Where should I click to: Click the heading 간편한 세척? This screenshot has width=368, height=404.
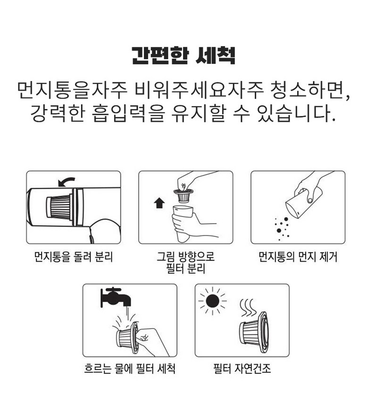point(184,55)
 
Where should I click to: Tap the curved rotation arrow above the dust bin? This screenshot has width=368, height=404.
point(66,181)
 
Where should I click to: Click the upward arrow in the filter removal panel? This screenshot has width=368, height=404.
point(159,203)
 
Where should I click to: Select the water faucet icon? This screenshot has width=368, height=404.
point(116,298)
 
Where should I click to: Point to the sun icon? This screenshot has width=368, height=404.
point(213,301)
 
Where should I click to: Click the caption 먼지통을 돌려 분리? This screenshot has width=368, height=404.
point(74,257)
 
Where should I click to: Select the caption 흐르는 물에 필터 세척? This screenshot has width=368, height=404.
point(130,368)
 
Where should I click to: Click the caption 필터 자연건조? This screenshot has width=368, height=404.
point(242,368)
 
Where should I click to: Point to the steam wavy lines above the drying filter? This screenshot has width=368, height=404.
point(248,308)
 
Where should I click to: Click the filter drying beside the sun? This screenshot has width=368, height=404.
point(254,332)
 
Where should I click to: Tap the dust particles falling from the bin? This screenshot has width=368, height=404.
point(282,228)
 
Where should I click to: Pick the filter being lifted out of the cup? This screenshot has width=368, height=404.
point(184,195)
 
